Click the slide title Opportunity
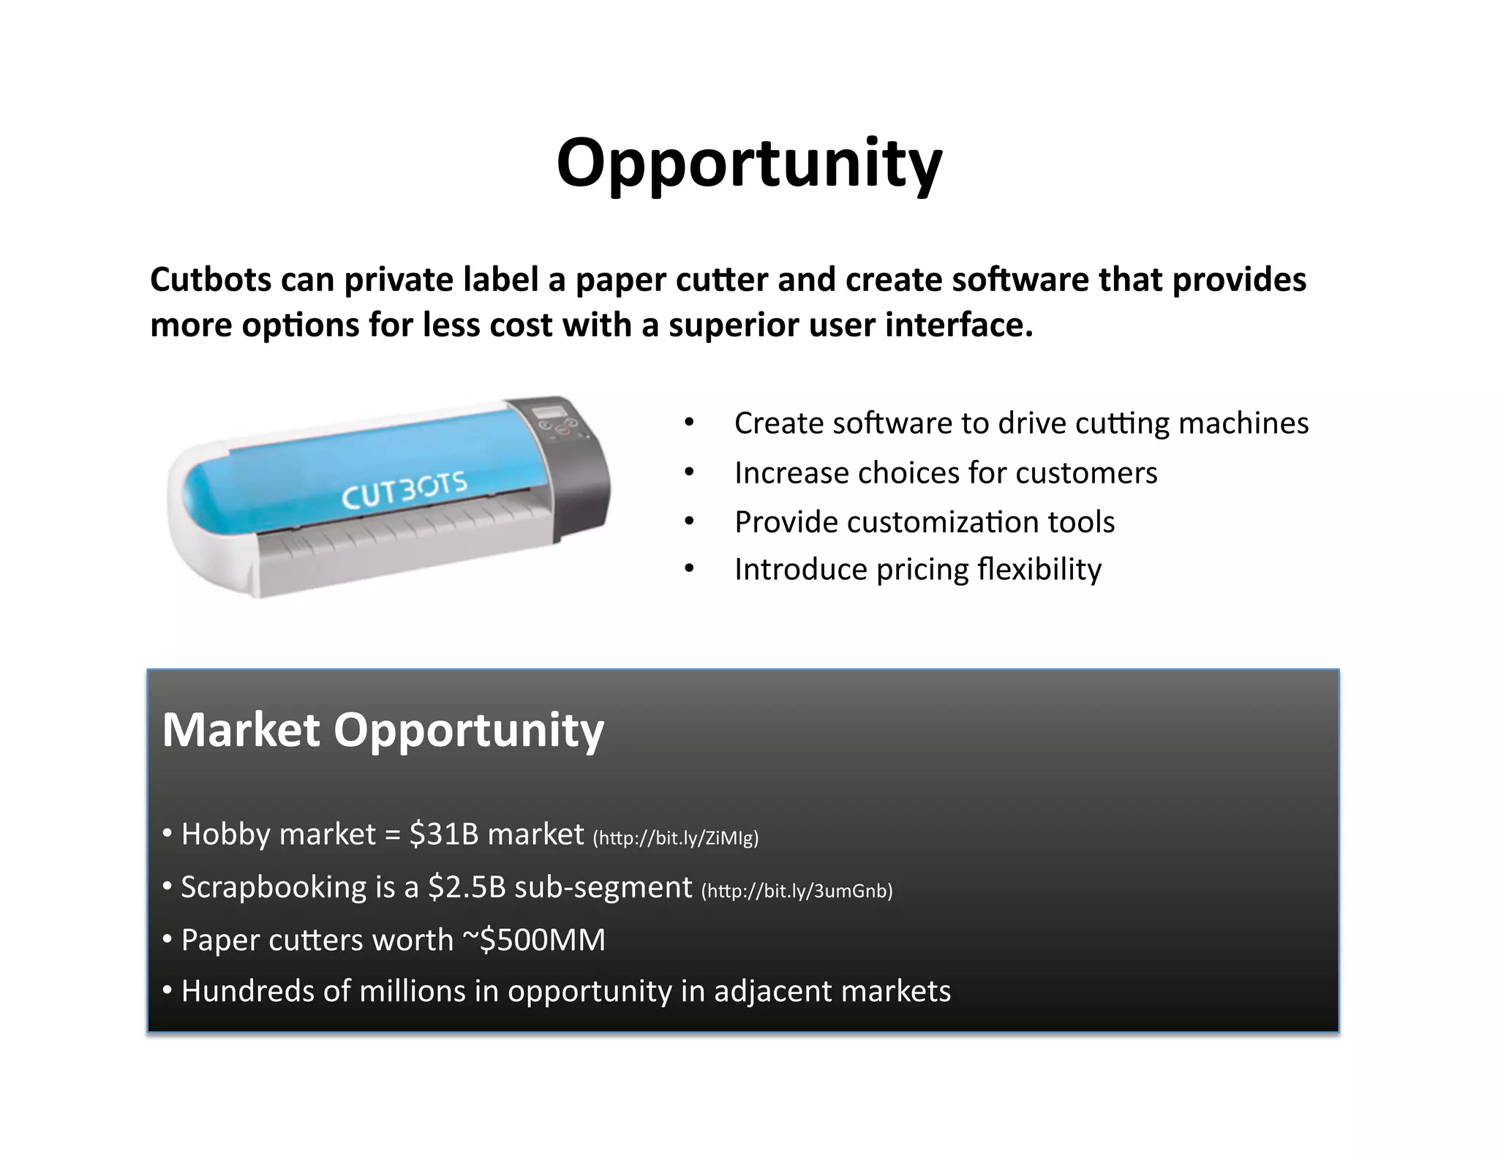pyautogui.click(x=749, y=164)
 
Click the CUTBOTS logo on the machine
pyautogui.click(x=404, y=490)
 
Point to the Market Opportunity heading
pyautogui.click(x=383, y=730)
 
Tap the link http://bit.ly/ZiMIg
pyautogui.click(x=675, y=838)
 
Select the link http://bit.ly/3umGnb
pyautogui.click(x=797, y=891)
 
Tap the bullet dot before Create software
pyautogui.click(x=689, y=423)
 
